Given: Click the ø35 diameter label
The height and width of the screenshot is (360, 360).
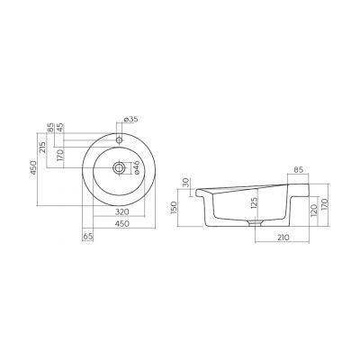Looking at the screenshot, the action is coord(130,119).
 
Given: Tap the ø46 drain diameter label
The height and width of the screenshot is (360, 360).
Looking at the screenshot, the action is coord(136,167).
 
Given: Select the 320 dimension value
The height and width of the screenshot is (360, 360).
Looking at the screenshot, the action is coord(122,211).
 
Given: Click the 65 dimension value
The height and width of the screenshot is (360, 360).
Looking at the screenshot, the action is coord(87,237).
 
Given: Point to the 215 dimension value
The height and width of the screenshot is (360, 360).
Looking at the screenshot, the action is coord(42,148).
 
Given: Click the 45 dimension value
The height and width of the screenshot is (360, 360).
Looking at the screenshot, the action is coord(60,128).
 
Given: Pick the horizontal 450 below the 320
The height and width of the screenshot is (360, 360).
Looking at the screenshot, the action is coord(122,223).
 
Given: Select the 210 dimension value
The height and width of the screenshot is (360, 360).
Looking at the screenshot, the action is coord(283,238).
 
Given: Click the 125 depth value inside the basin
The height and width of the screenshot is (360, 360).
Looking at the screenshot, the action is coord(254,203).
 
